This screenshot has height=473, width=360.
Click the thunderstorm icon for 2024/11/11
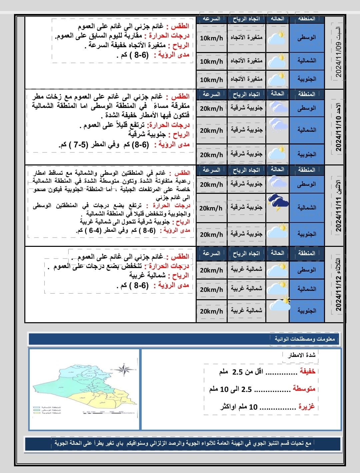pyautogui.click(x=278, y=203)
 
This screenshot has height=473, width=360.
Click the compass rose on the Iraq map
pyautogui.click(x=124, y=369)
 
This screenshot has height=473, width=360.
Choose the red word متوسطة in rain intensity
pyautogui.click(x=304, y=389)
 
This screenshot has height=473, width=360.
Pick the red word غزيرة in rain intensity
pyautogui.click(x=306, y=407)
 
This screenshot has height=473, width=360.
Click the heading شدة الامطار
pyautogui.click(x=302, y=355)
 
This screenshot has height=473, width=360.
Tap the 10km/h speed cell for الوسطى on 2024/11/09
pyautogui.click(x=211, y=38)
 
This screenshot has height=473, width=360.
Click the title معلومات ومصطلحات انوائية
pyautogui.click(x=304, y=339)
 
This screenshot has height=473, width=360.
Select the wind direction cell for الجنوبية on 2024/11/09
pyautogui.click(x=246, y=79)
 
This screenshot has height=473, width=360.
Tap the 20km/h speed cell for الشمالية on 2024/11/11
pyautogui.click(x=211, y=208)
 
